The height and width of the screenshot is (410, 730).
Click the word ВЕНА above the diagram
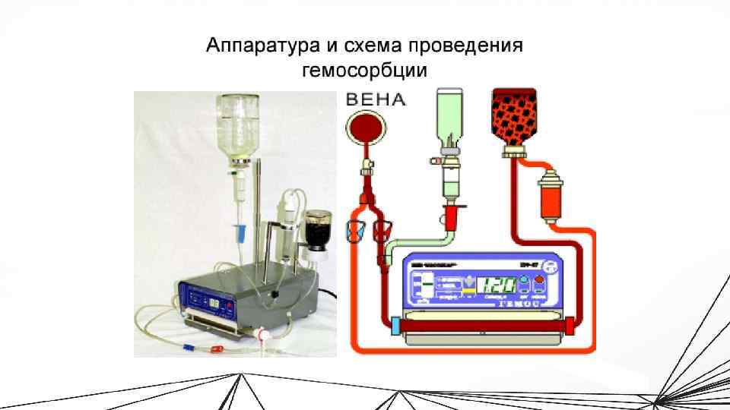pyautogui.click(x=376, y=99)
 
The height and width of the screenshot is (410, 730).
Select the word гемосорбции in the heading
pyautogui.click(x=364, y=71)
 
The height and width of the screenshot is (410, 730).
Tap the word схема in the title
pyautogui.click(x=368, y=46)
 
